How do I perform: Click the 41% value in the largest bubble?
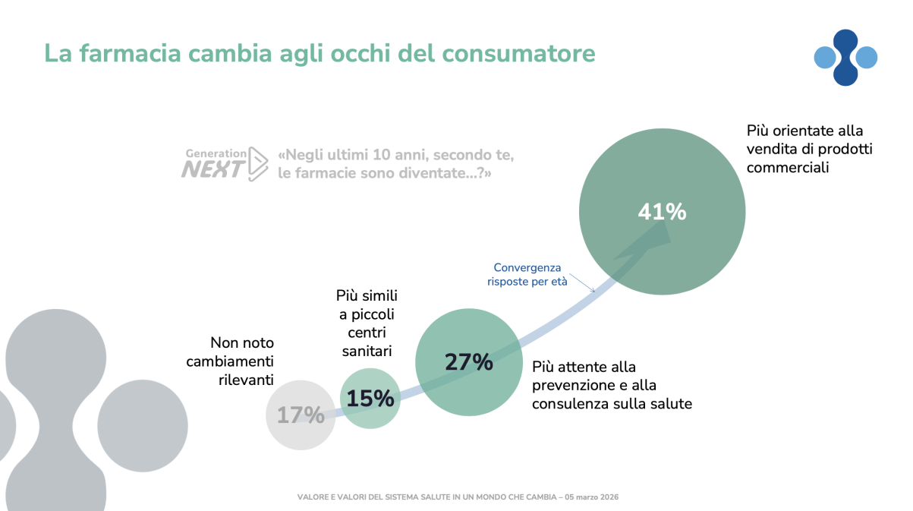(662, 212)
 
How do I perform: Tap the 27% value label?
(468, 362)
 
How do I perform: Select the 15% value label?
(370, 398)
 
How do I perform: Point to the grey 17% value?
(301, 415)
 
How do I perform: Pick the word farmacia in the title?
(130, 54)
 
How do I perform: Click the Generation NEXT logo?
(225, 162)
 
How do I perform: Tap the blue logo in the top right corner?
(845, 57)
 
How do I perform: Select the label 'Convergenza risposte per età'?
(527, 274)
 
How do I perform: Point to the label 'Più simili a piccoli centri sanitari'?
(367, 323)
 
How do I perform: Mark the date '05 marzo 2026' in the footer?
(594, 497)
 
